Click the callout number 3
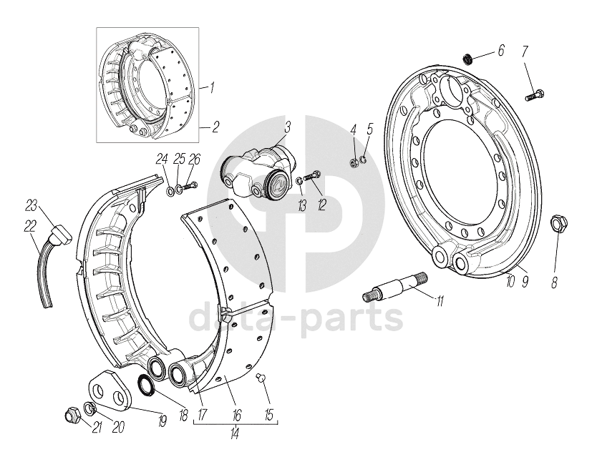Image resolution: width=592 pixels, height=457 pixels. [x=286, y=128]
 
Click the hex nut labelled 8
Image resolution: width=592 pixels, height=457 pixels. [x=560, y=226]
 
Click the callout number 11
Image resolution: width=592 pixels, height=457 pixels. [x=440, y=303]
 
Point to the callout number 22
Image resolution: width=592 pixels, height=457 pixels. [x=29, y=226]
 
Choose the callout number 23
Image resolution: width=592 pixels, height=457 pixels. [x=31, y=206]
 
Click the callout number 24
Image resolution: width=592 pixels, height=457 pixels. [x=162, y=159]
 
